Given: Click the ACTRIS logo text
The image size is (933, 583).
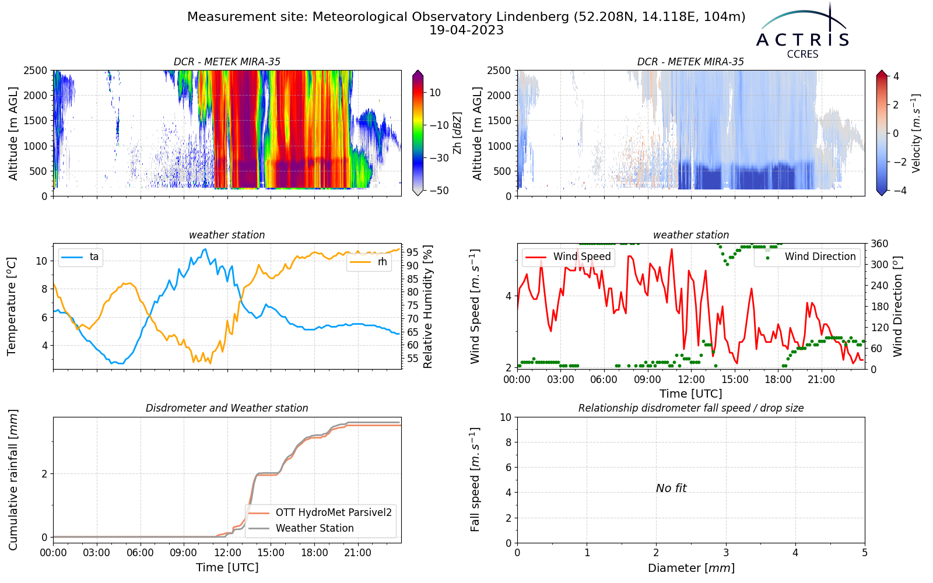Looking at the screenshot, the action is pos(802,40).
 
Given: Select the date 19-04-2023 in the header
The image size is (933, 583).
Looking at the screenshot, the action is pos(466,30).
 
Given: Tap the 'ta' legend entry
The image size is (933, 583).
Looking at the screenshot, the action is pos(80,257).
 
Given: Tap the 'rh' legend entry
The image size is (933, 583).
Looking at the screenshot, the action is pos(369,262).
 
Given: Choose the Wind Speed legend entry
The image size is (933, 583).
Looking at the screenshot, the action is pos(568,257).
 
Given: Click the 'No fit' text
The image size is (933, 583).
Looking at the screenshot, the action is pos(671,488).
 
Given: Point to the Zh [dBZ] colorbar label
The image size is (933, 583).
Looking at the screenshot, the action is pos(457,133).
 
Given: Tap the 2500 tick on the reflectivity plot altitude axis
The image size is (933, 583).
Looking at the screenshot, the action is pos(36,71).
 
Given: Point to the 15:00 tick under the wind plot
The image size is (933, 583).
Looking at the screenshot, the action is pos(735,380).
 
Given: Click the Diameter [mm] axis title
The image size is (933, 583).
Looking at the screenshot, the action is pos(691,568).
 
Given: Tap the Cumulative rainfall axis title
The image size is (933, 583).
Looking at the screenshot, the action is pos(13,480).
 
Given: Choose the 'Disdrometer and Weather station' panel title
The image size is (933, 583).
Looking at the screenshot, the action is pos(227,408).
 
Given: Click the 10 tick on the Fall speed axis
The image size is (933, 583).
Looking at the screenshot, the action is pos(506,417).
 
